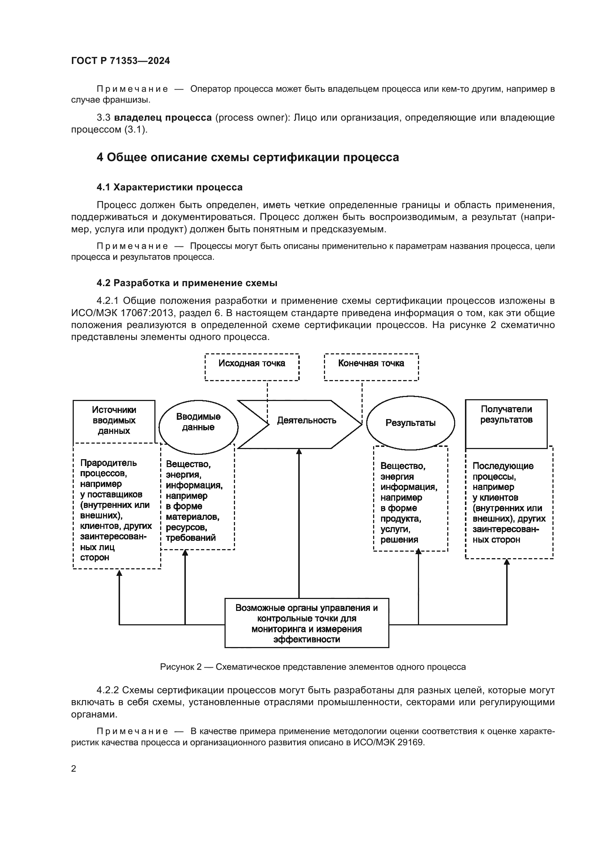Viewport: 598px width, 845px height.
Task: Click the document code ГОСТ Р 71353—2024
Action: tap(120, 61)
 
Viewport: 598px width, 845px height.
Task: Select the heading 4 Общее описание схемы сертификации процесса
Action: tap(247, 158)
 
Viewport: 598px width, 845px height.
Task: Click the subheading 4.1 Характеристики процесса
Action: tap(169, 187)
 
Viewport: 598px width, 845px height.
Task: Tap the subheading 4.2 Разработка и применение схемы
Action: tap(187, 283)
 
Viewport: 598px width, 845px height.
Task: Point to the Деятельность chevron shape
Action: tap(306, 421)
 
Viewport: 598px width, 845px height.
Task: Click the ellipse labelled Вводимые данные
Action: tap(198, 422)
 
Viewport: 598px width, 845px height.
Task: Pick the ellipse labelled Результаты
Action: tap(410, 423)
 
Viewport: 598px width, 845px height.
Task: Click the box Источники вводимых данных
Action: tap(114, 420)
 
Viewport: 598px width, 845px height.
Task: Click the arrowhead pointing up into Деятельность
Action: tap(299, 451)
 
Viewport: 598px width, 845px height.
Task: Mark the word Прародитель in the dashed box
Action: tap(108, 463)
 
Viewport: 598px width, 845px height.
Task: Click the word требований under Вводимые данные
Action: tap(191, 538)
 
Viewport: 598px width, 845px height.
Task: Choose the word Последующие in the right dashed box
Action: tap(503, 466)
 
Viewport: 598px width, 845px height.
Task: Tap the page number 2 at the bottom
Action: tap(74, 768)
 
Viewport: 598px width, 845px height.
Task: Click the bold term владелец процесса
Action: tap(163, 118)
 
